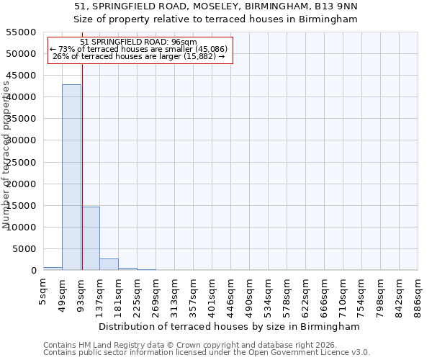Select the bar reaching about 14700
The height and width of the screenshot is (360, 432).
(90, 238)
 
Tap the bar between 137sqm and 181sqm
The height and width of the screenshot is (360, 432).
(109, 264)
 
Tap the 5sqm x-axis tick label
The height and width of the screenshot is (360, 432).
(44, 294)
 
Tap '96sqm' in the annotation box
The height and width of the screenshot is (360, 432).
(183, 42)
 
